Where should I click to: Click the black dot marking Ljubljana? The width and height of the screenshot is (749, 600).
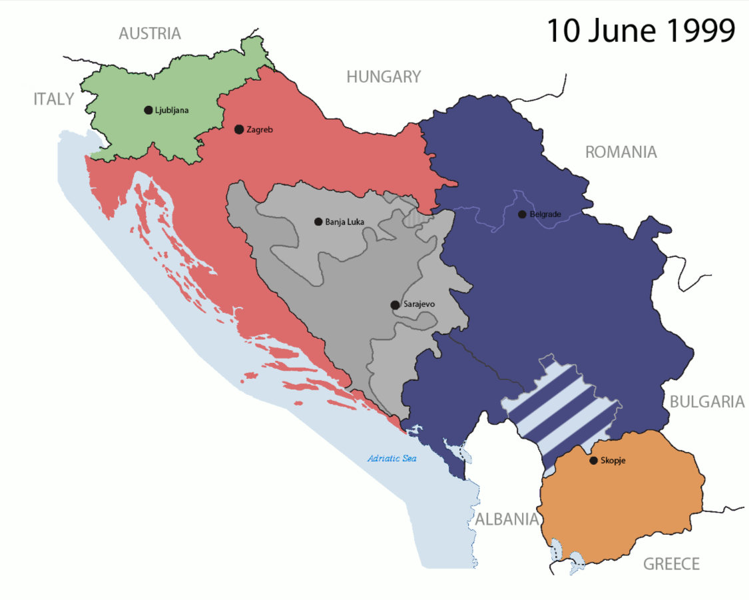point(148,110)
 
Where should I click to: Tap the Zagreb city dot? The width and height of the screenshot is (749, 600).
point(239,129)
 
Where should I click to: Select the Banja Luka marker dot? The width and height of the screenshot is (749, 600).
point(318,222)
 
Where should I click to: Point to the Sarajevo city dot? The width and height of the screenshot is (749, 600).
point(395,305)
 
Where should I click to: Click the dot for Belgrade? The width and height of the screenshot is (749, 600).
point(522,214)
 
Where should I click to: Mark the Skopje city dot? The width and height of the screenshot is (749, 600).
point(593,460)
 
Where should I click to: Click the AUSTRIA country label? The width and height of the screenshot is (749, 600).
point(150,33)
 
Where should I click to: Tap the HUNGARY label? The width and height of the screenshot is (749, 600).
point(383,77)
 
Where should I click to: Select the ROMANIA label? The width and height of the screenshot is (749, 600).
point(621,152)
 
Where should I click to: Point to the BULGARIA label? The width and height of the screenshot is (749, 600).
point(706,402)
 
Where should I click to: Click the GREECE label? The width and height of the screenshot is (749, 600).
point(671,565)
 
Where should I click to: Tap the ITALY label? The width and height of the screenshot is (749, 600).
point(54,100)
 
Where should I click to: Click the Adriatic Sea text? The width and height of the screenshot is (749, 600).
point(392,459)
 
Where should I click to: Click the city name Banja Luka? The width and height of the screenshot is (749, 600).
point(345,222)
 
